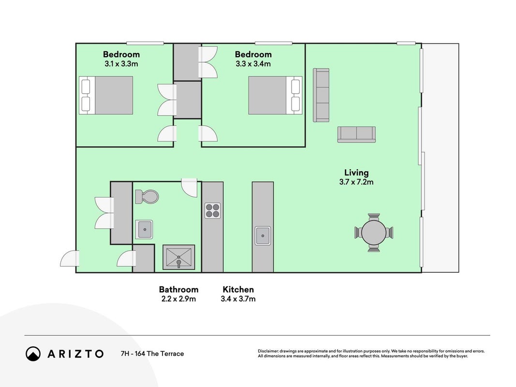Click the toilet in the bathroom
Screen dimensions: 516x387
147,196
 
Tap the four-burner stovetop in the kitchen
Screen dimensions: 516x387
213,210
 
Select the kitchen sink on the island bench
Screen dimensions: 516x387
263,236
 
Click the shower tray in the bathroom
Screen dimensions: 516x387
179,257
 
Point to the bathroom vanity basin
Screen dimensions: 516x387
144,229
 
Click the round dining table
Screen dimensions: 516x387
374,233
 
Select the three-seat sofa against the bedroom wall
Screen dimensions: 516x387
321,95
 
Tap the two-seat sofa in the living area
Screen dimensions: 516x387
356,134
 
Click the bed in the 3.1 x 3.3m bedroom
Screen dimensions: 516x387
106,95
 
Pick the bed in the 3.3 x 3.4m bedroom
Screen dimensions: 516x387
275,95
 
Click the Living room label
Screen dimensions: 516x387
356,172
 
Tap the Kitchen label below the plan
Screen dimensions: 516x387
238,290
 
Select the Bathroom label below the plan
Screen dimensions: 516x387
179,290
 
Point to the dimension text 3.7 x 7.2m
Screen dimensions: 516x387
356,182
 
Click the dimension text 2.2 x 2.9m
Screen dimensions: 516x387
179,299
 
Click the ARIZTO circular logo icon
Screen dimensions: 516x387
33,354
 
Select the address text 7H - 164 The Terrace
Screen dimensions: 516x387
152,354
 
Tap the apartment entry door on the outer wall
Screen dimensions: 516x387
70,259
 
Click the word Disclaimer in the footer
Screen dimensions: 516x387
268,351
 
